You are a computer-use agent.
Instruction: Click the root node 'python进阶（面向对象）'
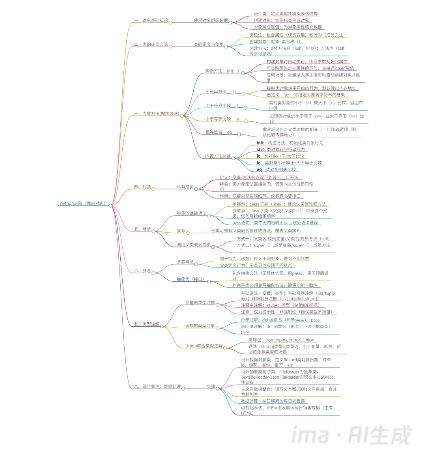point(83,204)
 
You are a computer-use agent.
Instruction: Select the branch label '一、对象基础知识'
point(151,21)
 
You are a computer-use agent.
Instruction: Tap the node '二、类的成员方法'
point(151,45)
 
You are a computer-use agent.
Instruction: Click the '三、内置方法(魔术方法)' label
point(156,114)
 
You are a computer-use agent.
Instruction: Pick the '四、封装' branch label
point(142,187)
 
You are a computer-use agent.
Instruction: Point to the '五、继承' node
point(142,229)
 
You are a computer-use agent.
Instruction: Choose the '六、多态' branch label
point(142,271)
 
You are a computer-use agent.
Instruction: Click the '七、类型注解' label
point(146,324)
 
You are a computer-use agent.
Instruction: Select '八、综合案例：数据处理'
point(157,387)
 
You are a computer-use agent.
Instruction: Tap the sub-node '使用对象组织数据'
point(211,21)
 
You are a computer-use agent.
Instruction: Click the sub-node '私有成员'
point(185,187)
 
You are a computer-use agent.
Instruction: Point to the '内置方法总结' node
point(218,156)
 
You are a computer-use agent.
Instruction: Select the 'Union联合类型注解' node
point(204,346)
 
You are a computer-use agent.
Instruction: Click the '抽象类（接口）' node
point(191,279)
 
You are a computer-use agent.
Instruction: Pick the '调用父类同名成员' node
point(194,245)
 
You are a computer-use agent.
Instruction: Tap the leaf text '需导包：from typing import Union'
point(281,340)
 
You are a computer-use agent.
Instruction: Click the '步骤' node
point(211,387)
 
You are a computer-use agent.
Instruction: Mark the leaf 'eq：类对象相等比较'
point(276,170)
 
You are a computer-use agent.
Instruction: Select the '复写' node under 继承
point(181,231)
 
